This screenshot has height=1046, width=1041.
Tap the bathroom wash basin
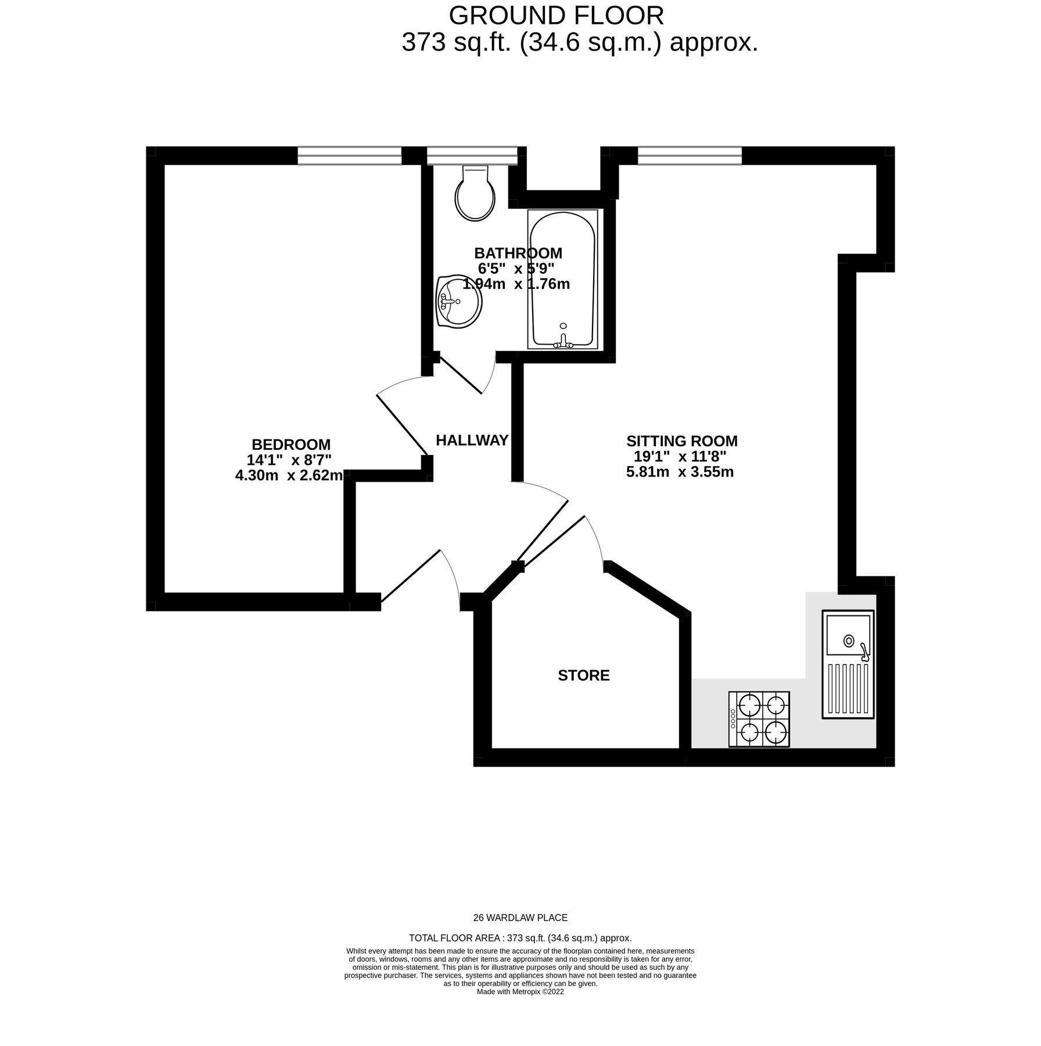[458, 302]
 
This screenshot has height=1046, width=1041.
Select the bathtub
[562, 280]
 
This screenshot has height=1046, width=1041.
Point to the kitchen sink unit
[848, 664]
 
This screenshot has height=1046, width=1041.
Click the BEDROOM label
[291, 445]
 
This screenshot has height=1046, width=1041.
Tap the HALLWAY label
[472, 440]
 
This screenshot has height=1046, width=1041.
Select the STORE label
[583, 675]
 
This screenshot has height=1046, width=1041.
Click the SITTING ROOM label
[681, 440]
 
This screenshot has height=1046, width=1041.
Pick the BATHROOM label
[518, 253]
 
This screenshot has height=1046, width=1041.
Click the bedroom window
[350, 155]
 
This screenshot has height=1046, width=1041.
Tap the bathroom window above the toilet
[471, 155]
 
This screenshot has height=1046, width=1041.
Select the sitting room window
[690, 155]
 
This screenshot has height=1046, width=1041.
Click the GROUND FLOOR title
[556, 16]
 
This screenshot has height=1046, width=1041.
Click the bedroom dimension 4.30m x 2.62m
[288, 475]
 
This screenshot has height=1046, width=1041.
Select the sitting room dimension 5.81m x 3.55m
[680, 472]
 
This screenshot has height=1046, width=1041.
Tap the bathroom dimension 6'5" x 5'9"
[516, 268]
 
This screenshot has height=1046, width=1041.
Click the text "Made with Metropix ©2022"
[520, 992]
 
